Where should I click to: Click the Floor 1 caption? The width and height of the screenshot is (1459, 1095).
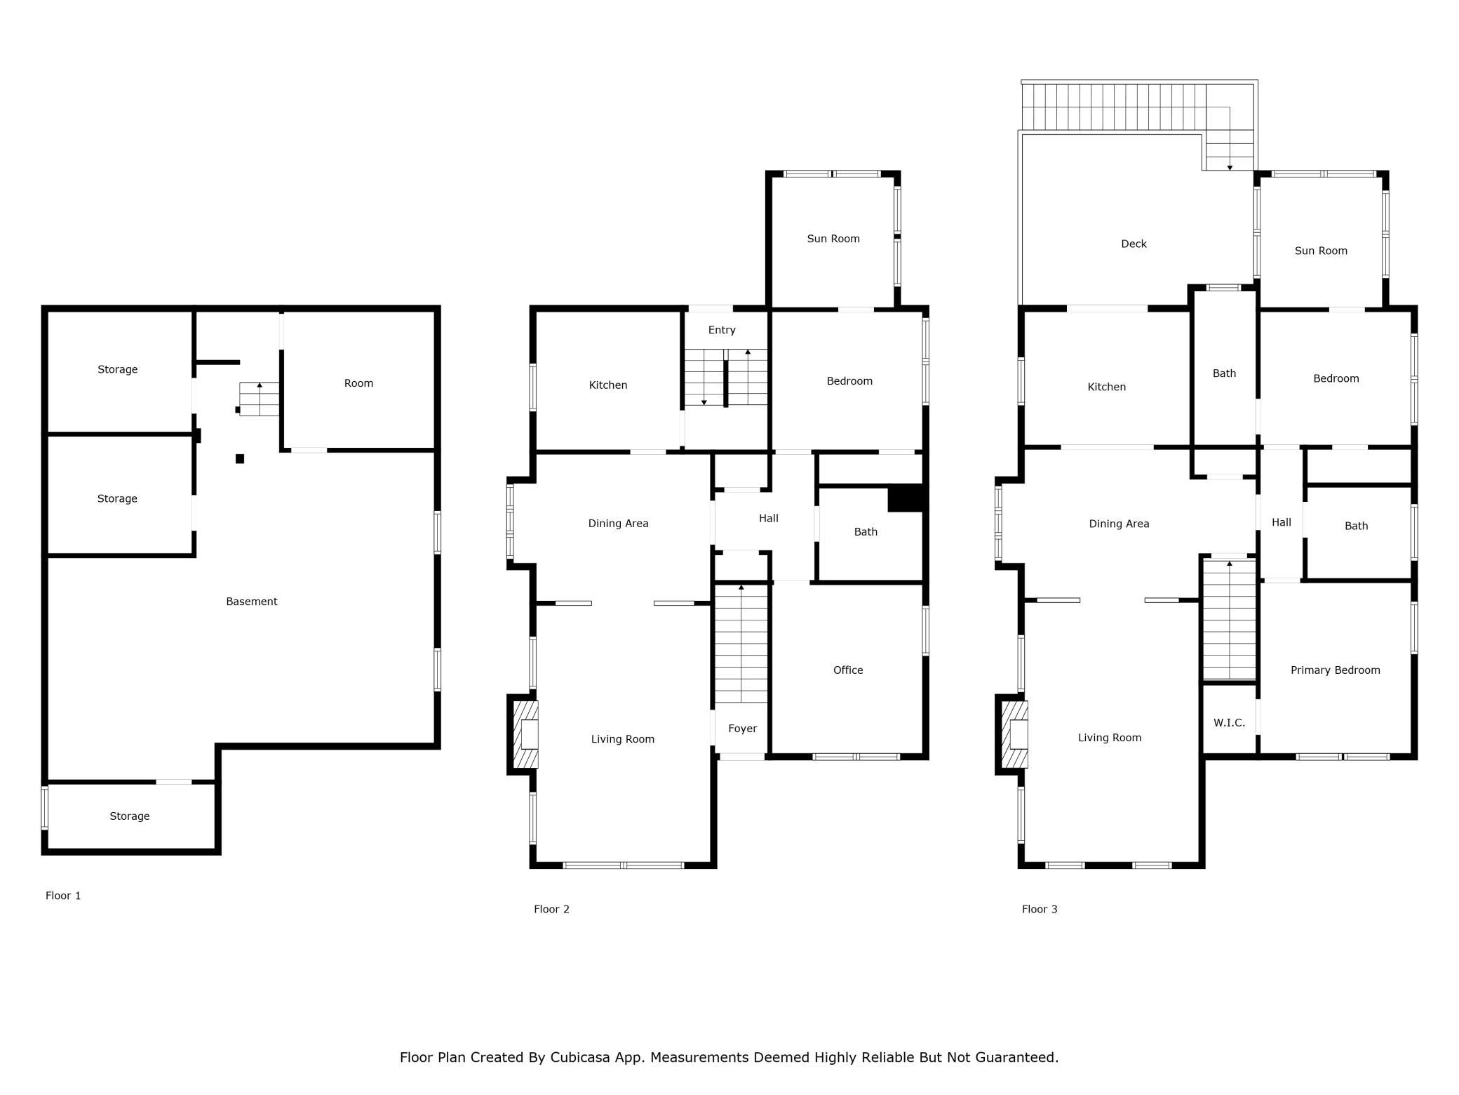tap(63, 896)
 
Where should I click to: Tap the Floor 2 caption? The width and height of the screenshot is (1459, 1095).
tap(551, 909)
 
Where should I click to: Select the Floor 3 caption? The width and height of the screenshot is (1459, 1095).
tap(1040, 909)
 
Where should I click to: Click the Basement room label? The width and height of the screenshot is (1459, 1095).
tap(252, 602)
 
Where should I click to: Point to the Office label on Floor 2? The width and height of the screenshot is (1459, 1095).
tap(848, 670)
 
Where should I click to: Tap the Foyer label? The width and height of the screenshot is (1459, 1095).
tap(743, 729)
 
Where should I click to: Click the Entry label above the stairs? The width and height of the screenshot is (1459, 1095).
tap(722, 330)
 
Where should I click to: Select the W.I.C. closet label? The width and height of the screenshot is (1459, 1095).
tap(1230, 723)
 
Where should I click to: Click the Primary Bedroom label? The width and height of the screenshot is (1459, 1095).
tap(1336, 670)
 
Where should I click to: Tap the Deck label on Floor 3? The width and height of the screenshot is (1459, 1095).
tap(1134, 244)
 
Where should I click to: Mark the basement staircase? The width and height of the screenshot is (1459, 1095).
tap(260, 399)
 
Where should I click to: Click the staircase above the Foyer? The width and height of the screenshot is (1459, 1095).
tap(741, 644)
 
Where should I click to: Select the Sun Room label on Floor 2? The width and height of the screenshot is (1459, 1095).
tap(833, 239)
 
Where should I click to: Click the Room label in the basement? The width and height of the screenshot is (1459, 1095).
tap(358, 383)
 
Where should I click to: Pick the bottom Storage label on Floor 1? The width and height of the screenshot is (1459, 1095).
tap(130, 816)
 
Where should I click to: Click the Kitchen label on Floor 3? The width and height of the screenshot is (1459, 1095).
tap(1107, 387)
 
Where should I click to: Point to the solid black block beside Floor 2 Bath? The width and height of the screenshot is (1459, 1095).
tap(906, 498)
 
